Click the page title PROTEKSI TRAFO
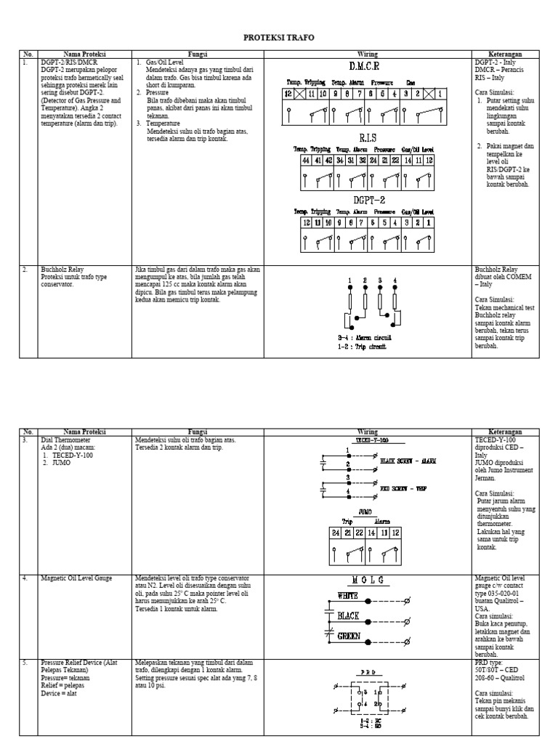pos(279,37)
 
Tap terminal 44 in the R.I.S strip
pos(307,160)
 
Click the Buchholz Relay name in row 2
pos(60,270)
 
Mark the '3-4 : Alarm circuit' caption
pos(365,338)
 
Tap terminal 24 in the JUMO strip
pos(335,533)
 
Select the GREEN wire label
pos(349,636)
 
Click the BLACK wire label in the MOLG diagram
pos(348,616)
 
